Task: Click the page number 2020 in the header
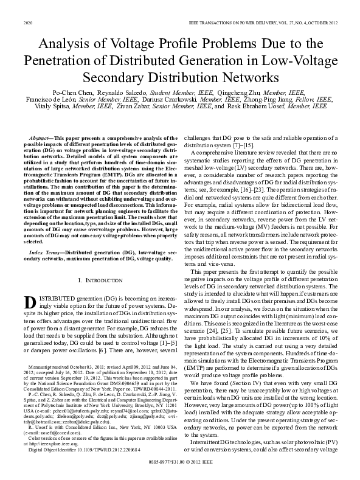(x=27, y=23)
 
